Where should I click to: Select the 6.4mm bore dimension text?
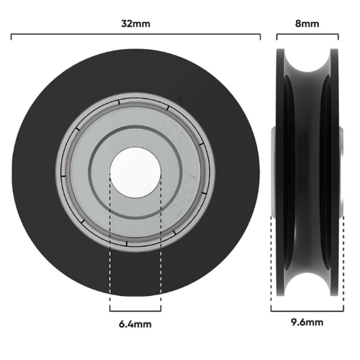tap(135, 324)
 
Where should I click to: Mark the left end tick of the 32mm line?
tap(12, 34)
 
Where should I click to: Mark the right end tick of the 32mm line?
tap(260, 34)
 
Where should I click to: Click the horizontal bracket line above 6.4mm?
tap(135, 310)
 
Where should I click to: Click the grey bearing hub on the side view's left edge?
tap(274, 173)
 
